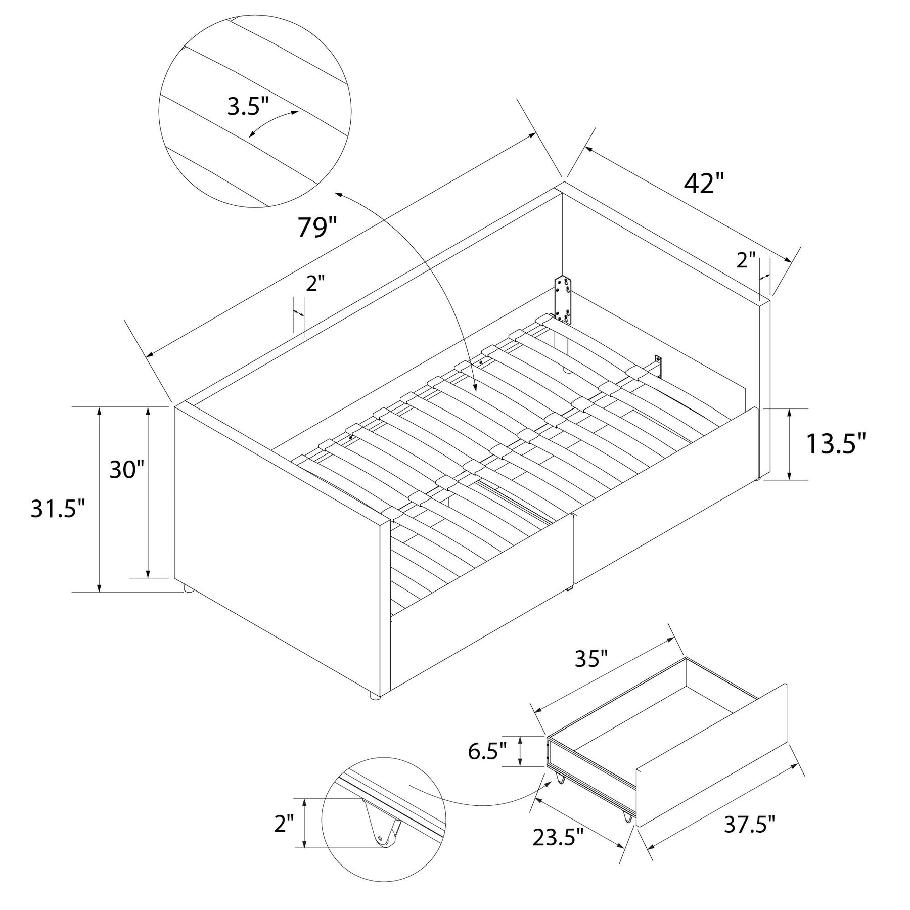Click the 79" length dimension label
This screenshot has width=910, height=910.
316,227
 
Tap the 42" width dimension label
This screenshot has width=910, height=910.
704,184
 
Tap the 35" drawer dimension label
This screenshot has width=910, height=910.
590,659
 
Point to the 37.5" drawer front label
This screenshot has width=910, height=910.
750,825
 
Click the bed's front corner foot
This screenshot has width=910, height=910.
374,696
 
